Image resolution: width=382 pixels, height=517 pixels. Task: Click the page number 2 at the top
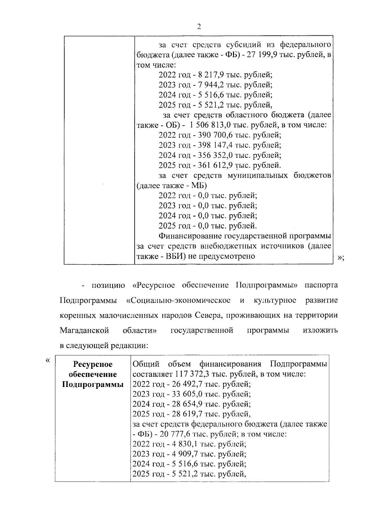click(199, 26)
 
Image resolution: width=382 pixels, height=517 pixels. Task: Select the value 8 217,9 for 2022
click(211, 75)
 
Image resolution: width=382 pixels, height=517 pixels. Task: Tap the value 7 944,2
click(211, 85)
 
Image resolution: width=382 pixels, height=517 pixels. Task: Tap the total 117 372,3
click(192, 374)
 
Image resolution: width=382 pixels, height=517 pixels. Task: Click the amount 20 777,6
click(165, 434)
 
